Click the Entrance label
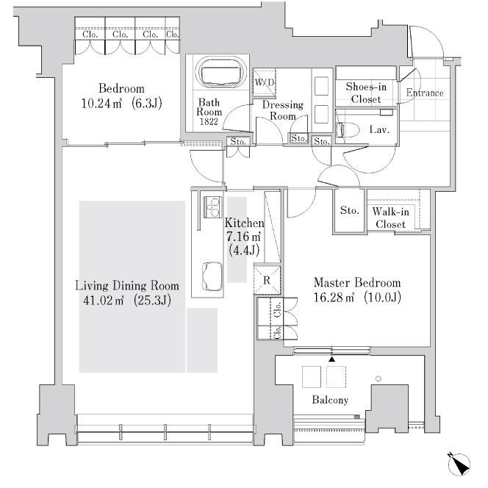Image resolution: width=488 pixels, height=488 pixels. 425,93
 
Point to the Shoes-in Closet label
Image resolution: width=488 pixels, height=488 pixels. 365,93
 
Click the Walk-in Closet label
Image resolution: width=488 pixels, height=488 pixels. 391,218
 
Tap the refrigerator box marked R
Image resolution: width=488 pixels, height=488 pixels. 266,280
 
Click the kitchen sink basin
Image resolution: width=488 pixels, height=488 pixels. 211,276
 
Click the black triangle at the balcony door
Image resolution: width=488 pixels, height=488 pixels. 331,359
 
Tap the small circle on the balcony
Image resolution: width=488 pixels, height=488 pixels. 378,378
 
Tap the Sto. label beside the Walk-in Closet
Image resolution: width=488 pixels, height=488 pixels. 349,211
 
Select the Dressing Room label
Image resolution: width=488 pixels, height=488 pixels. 282,110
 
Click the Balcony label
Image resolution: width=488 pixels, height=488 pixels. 330,400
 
